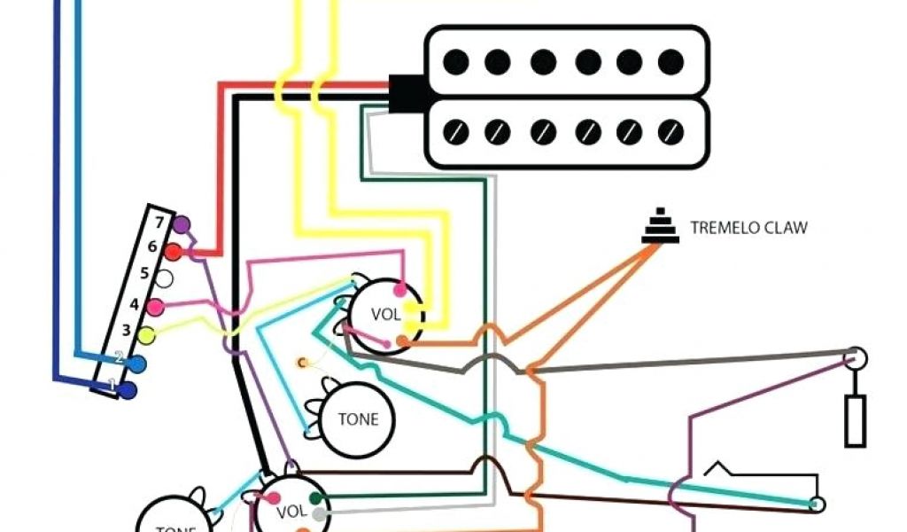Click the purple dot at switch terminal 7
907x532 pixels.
click(x=182, y=224)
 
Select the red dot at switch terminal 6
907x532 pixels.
click(x=174, y=253)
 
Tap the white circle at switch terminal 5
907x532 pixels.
click(x=165, y=278)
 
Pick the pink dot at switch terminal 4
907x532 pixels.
click(x=156, y=308)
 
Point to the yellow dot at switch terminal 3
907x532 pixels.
click(x=147, y=334)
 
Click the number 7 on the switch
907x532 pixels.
click(x=159, y=221)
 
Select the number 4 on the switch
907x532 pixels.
click(x=135, y=304)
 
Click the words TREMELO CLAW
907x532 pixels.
click(x=748, y=228)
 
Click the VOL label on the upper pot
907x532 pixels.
click(x=386, y=314)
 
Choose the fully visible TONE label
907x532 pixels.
click(x=357, y=419)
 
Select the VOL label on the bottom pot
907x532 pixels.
click(x=291, y=512)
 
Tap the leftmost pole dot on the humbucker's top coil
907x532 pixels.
click(x=455, y=61)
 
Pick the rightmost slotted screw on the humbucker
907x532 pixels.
click(x=672, y=132)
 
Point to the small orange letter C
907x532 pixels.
click(x=302, y=362)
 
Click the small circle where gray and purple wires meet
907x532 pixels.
click(x=855, y=358)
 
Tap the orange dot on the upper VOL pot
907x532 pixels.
click(x=403, y=340)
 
